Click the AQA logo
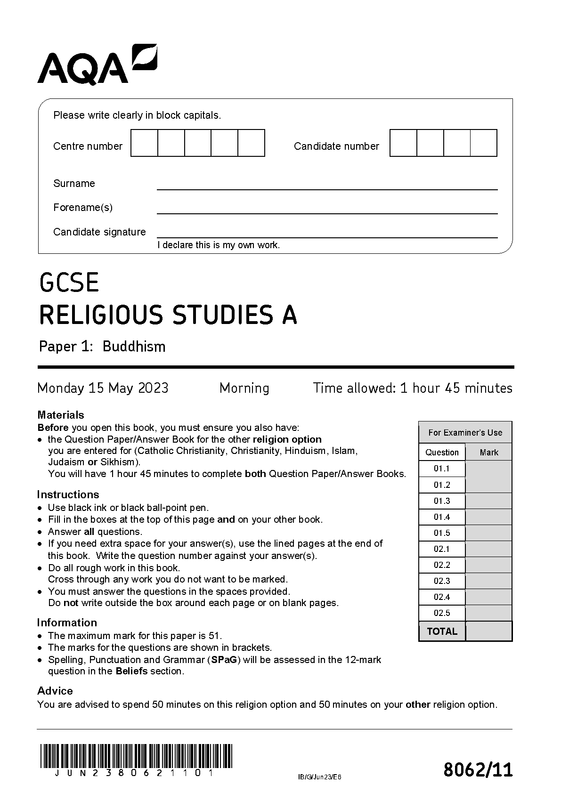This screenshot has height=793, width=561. click(97, 65)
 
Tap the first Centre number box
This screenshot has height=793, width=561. click(144, 143)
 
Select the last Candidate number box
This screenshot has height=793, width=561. click(484, 143)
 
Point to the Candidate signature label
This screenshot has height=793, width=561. click(99, 232)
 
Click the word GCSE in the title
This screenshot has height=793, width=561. click(69, 283)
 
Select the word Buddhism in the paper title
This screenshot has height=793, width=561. click(134, 347)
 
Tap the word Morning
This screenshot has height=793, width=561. click(244, 388)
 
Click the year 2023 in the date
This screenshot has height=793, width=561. click(153, 388)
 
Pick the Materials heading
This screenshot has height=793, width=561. click(61, 415)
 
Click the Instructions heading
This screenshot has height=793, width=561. click(68, 494)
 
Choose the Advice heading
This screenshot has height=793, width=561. click(55, 691)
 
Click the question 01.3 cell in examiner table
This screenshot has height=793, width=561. click(442, 501)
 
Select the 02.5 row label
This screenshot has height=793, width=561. click(442, 613)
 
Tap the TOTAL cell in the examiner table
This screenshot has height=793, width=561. click(442, 631)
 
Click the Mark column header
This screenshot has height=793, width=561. click(488, 453)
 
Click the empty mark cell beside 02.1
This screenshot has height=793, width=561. click(488, 549)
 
